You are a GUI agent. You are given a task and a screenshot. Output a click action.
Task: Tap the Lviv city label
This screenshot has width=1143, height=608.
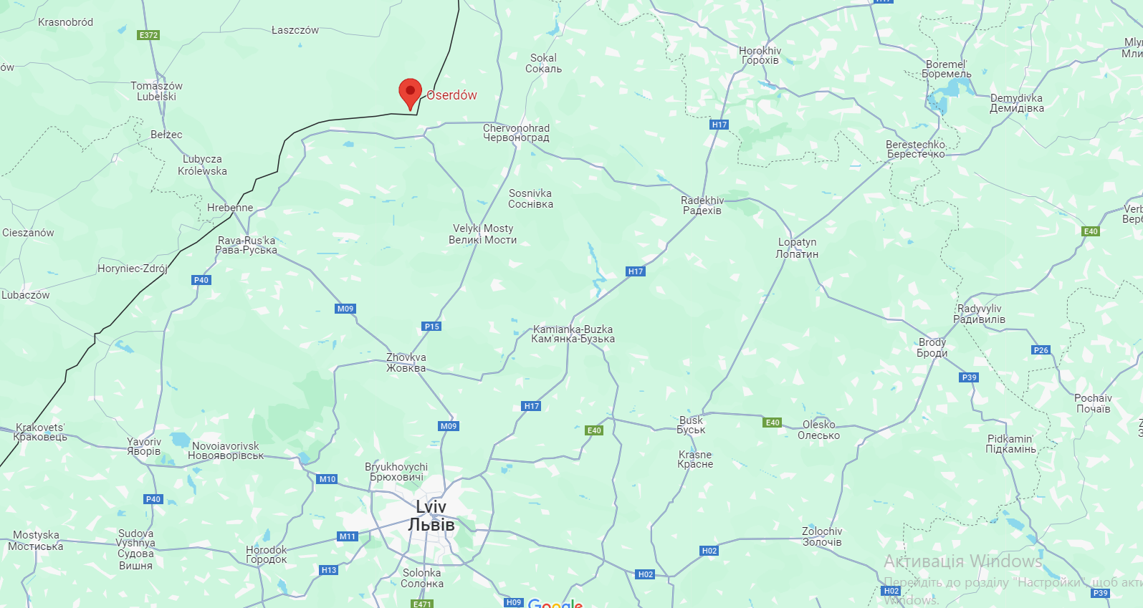coord(431,516)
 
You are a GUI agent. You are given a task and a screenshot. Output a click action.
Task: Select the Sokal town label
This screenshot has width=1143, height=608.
coord(543,63)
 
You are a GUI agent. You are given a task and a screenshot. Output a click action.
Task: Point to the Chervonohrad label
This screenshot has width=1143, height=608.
coord(516,132)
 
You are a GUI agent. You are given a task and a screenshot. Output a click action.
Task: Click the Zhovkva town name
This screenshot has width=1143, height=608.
coord(406,362)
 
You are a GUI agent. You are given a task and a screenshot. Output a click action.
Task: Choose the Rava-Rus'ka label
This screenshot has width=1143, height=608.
coord(246,245)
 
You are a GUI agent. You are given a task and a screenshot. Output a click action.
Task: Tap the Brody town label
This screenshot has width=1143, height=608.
coord(932,347)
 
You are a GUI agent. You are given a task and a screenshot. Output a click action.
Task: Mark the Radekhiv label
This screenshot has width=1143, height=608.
coord(702,206)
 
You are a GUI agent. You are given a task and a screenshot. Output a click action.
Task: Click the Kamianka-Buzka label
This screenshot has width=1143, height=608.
coord(573,334)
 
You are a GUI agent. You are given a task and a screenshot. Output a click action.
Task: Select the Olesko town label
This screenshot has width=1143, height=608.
coord(818,430)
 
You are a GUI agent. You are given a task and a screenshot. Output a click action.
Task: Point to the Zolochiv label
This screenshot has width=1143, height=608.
coord(822,536)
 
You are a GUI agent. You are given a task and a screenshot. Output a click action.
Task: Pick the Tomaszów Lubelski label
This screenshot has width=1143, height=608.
coord(156,91)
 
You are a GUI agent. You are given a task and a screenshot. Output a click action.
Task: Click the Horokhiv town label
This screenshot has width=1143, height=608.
coord(760,55)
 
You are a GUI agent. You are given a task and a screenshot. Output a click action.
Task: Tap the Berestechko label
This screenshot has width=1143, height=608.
coord(915,149)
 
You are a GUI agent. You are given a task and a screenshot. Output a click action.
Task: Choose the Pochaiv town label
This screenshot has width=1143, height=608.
coord(1093,403)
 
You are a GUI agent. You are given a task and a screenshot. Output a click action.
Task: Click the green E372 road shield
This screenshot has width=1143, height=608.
coord(148,35)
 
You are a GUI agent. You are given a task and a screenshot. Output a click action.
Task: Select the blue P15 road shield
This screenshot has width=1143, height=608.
coord(431,327)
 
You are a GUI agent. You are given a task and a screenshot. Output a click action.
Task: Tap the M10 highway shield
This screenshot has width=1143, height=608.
coord(327,479)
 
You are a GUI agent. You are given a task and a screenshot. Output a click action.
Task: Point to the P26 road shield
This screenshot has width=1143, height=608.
coord(1041,350)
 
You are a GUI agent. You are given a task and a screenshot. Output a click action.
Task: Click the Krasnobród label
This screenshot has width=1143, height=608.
coord(65,22)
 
